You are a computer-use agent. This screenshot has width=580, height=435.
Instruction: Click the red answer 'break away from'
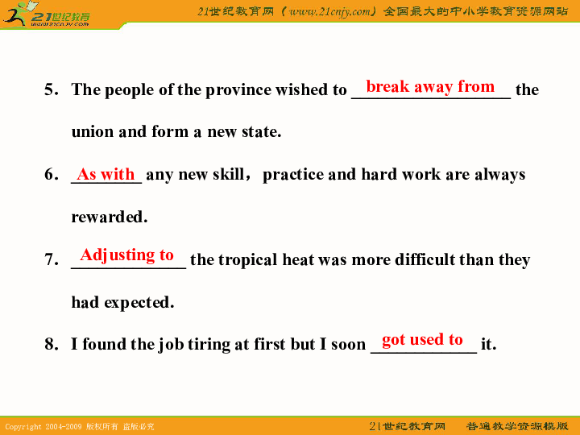[430, 87]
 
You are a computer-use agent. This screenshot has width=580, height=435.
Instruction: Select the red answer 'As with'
[106, 174]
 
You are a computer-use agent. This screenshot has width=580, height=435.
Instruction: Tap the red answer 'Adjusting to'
[127, 255]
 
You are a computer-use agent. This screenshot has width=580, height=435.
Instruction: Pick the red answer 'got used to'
[422, 340]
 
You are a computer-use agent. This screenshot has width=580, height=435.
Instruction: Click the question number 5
[52, 89]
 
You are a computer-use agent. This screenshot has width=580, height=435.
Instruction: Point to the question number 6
[52, 174]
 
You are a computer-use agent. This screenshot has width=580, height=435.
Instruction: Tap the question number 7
[52, 259]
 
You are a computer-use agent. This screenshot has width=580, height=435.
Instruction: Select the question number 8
[52, 344]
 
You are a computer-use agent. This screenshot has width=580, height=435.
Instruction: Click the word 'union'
[93, 131]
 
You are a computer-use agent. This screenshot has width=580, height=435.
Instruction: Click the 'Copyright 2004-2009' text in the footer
[43, 427]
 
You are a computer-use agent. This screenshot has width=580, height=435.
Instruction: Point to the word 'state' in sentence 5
[261, 131]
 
